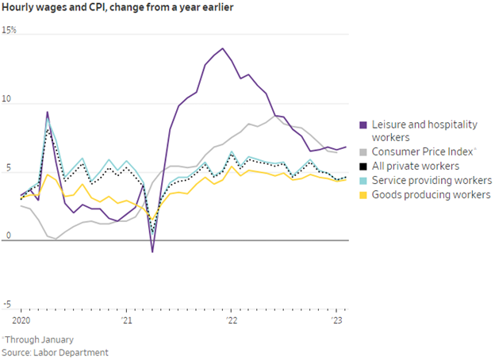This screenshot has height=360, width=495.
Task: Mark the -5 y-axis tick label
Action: tap(7, 304)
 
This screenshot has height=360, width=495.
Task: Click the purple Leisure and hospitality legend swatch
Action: tap(363, 124)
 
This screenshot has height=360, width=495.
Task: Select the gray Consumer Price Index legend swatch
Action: tap(363, 151)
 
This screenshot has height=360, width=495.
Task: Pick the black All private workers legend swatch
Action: tap(363, 166)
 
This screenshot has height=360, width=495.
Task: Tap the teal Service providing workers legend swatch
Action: tap(363, 180)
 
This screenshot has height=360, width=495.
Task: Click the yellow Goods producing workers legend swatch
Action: tap(363, 194)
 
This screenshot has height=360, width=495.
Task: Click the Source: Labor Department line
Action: tap(55, 352)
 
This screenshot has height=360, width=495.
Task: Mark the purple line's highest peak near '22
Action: tap(222, 48)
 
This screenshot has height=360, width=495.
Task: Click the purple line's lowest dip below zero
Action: tap(152, 252)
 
